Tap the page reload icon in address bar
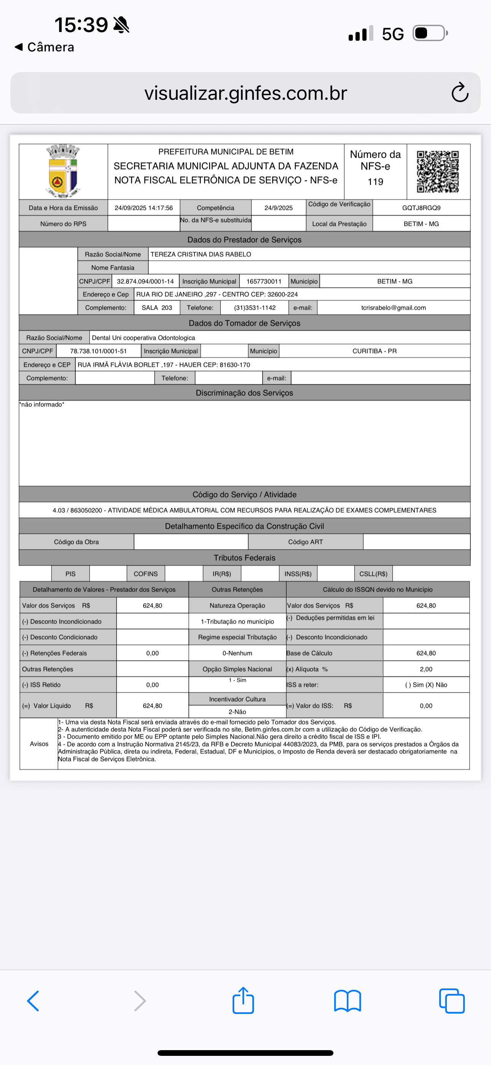click(x=459, y=93)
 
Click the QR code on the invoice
click(x=438, y=171)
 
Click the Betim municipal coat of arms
click(x=63, y=171)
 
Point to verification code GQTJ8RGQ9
click(x=421, y=208)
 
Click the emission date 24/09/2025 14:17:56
click(x=143, y=208)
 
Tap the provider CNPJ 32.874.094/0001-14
click(x=145, y=281)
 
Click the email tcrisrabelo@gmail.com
click(x=394, y=308)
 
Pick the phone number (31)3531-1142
click(x=255, y=308)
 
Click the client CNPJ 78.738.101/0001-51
click(x=98, y=351)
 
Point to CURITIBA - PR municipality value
click(x=375, y=351)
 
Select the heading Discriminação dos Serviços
click(x=244, y=393)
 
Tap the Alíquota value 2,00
click(x=426, y=669)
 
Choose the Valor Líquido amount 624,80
click(x=152, y=706)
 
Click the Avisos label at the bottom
click(x=39, y=744)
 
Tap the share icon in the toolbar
click(x=243, y=1001)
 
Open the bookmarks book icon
click(x=347, y=1001)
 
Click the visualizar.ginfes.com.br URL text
click(x=245, y=93)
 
